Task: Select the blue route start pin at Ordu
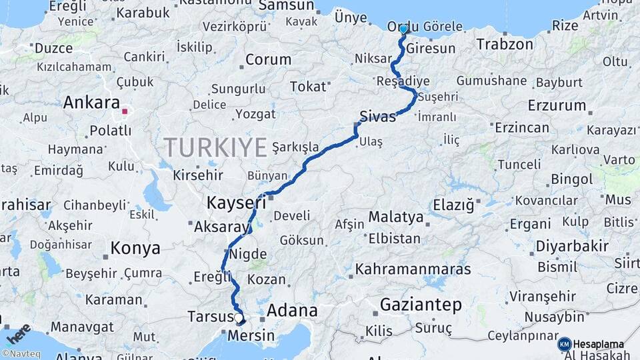403,29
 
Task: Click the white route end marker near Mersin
239,319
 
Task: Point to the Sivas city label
377,116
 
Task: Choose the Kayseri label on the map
237,201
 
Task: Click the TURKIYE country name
215,147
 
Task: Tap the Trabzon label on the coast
505,45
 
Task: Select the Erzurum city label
557,105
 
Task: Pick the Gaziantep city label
421,305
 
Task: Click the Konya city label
135,249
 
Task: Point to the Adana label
292,311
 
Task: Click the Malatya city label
396,217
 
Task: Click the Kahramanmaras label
413,269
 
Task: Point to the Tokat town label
309,87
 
